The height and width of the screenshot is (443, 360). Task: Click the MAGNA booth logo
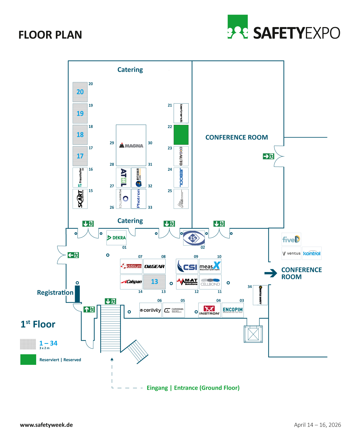tap(131, 145)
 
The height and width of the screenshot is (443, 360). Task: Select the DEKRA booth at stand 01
tap(116, 238)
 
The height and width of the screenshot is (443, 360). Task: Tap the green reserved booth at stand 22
tap(181, 135)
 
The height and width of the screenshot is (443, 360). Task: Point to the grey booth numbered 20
tap(80, 92)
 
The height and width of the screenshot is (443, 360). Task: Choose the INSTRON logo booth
tap(209, 310)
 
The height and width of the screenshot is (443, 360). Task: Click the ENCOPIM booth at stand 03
tap(233, 310)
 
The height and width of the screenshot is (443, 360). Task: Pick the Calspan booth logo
tap(131, 282)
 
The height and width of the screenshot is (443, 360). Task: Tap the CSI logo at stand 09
tap(187, 266)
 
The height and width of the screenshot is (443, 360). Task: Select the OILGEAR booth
tap(154, 266)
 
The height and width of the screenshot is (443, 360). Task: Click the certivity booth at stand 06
tap(150, 310)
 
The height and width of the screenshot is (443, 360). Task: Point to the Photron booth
tap(139, 199)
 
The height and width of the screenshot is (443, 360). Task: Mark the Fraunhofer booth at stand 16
tap(80, 177)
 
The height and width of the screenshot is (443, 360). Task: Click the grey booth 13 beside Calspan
tap(154, 282)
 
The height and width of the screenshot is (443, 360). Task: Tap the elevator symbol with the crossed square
tap(253, 334)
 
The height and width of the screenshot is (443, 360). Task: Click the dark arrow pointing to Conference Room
tap(271, 273)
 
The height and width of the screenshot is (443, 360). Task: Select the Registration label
tap(55, 292)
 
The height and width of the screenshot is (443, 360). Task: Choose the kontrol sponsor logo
tap(312, 253)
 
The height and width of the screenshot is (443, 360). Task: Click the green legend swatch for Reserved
tap(28, 360)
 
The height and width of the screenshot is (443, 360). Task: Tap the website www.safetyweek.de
tap(46, 425)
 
